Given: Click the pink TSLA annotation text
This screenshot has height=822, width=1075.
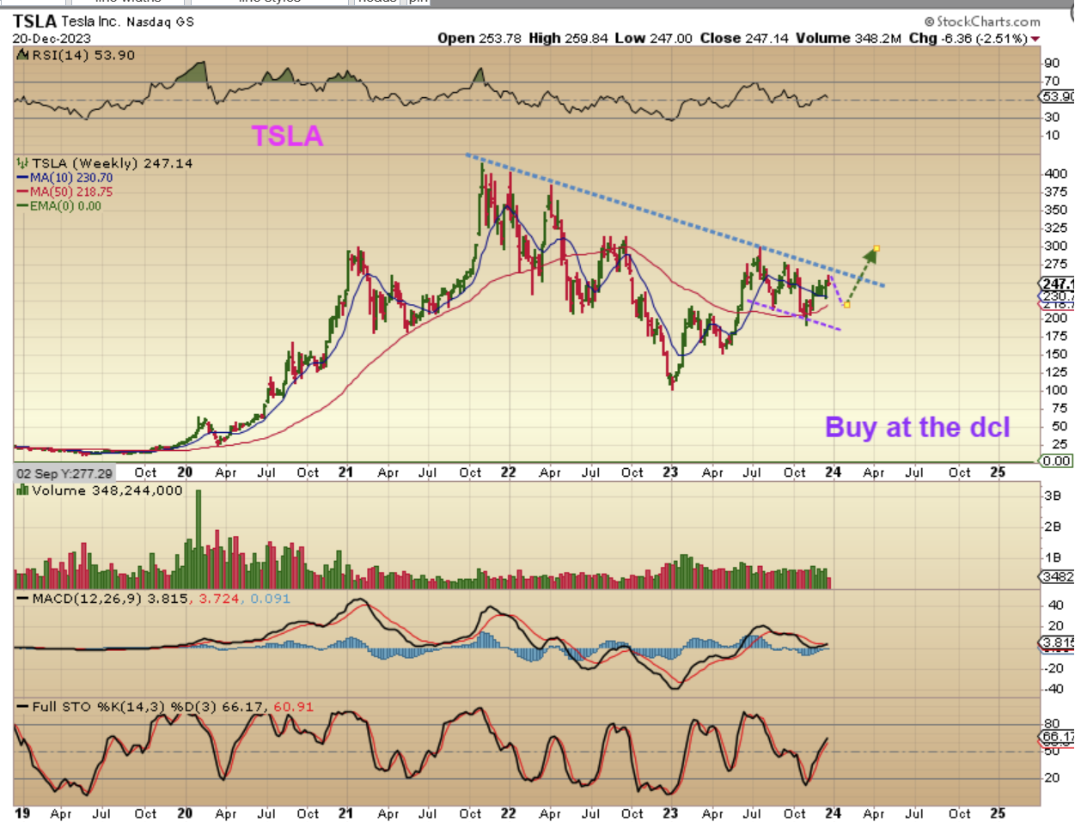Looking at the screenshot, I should [x=287, y=136].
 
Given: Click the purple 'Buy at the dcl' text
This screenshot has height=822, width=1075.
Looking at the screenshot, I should [x=917, y=427].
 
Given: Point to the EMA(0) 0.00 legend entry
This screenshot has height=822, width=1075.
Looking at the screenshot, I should [x=64, y=206].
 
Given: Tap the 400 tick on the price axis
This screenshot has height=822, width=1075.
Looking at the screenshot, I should [x=1055, y=174].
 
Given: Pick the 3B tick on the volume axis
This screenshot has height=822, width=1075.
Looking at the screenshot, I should [x=1052, y=496].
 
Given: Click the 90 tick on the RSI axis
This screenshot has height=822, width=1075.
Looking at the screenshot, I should [x=1051, y=63].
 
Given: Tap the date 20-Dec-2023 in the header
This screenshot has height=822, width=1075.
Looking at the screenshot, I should [x=52, y=39].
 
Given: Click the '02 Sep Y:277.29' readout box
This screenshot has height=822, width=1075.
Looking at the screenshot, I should [x=64, y=473].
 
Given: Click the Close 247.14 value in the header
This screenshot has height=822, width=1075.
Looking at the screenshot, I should [x=743, y=38].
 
